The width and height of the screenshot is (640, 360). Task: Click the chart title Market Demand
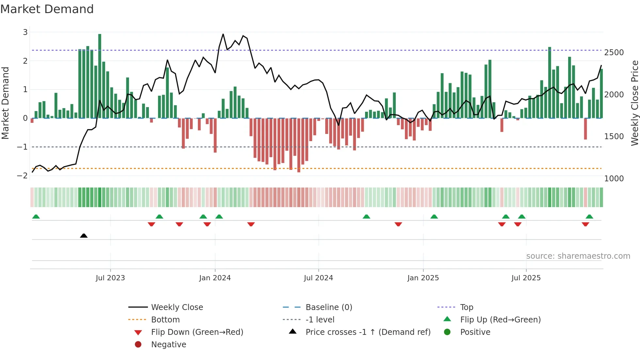coord(47,9)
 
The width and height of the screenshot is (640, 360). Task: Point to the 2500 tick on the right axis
coord(614,53)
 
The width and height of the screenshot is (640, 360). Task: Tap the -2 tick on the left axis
coord(22,176)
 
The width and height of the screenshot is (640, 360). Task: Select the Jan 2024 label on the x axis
coord(215,278)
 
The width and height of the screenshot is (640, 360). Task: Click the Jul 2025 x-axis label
coord(526,278)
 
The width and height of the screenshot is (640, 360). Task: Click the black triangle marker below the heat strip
coord(84,236)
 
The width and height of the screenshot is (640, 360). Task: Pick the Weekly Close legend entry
coord(177,307)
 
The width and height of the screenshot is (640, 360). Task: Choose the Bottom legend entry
coord(165,320)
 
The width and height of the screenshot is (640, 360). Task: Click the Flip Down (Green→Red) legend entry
coord(197,332)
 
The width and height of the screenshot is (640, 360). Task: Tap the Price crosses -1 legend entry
coord(368,332)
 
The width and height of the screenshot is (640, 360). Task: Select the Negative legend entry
coord(168,345)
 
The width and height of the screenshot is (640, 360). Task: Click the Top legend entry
coord(467,307)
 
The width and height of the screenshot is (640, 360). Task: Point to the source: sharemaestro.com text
coord(578,256)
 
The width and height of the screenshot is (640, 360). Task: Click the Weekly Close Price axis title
coord(634,103)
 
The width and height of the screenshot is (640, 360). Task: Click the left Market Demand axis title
coord(6,103)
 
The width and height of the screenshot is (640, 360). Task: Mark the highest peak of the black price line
coord(223,34)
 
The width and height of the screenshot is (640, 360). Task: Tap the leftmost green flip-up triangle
coord(36,217)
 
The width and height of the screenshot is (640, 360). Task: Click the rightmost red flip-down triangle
coord(585,224)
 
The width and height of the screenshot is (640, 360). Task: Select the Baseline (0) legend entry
coord(328,307)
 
